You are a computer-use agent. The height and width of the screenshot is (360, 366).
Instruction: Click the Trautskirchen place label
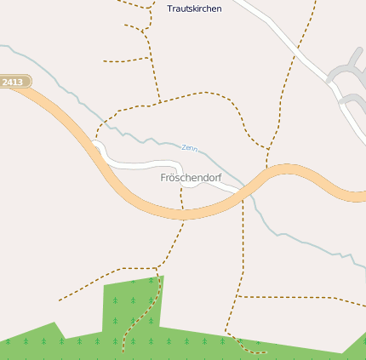(195, 9)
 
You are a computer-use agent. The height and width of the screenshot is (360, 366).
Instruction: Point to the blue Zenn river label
(190, 148)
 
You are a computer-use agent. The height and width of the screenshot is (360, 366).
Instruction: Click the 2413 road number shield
(14, 82)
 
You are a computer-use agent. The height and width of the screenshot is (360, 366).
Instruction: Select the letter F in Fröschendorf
(163, 178)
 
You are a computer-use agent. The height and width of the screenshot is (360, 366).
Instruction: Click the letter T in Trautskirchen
(170, 9)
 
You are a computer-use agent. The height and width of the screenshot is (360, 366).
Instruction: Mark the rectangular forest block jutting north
(131, 303)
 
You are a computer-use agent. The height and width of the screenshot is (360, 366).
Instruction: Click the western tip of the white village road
(96, 146)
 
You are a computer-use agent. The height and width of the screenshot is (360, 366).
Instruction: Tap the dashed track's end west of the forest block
(59, 300)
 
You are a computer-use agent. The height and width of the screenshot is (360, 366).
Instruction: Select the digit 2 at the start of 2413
(5, 82)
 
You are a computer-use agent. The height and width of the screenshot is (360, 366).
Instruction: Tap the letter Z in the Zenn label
(184, 146)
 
